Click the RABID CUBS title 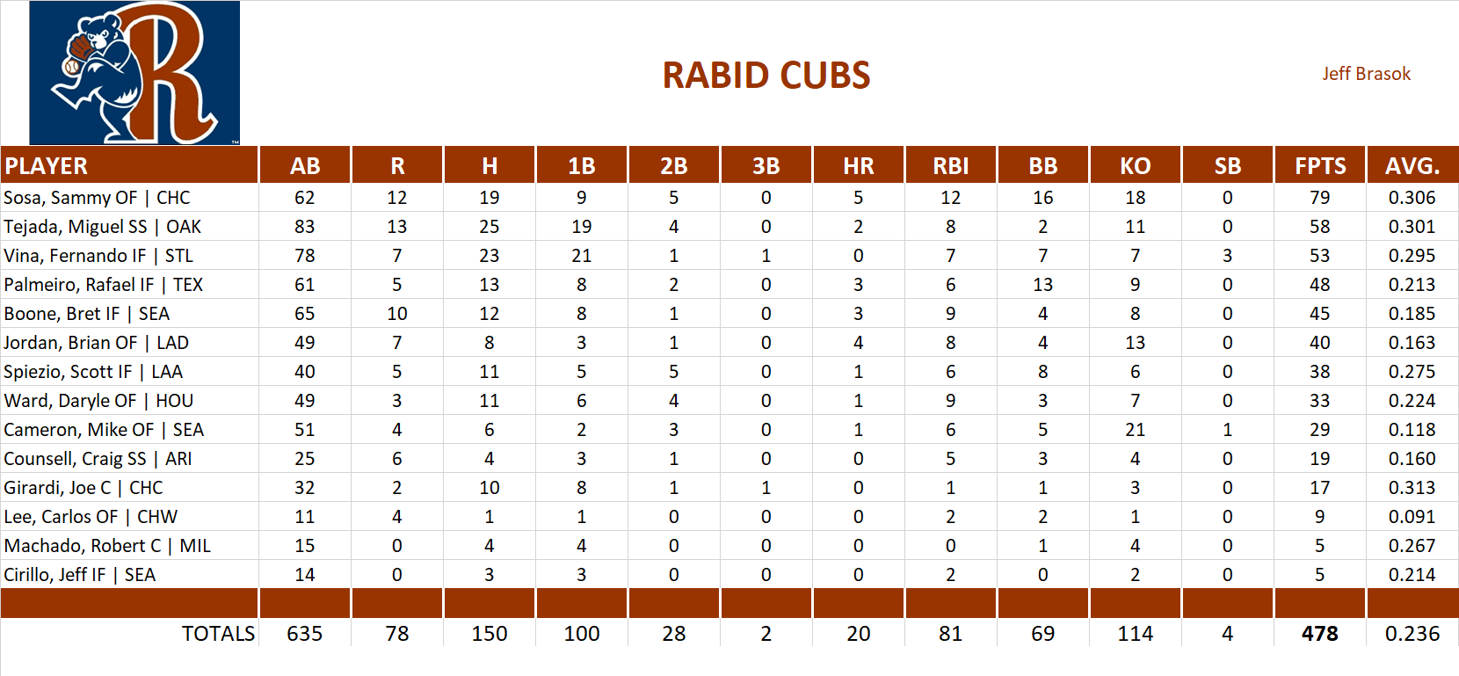click(766, 76)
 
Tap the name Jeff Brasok click(1366, 74)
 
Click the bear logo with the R click(134, 73)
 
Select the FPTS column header click(1319, 166)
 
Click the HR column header click(858, 166)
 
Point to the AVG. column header click(1412, 166)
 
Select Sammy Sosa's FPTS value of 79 click(1319, 198)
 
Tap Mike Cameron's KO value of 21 click(1135, 430)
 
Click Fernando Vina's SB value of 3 click(1227, 256)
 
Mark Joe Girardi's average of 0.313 click(1412, 488)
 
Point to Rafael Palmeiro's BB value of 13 click(1042, 285)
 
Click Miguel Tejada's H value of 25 click(489, 227)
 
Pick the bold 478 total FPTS click(1319, 634)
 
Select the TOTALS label click(218, 634)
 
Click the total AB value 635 click(304, 634)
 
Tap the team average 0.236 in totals click(1412, 634)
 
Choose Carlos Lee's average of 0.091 click(1412, 517)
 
